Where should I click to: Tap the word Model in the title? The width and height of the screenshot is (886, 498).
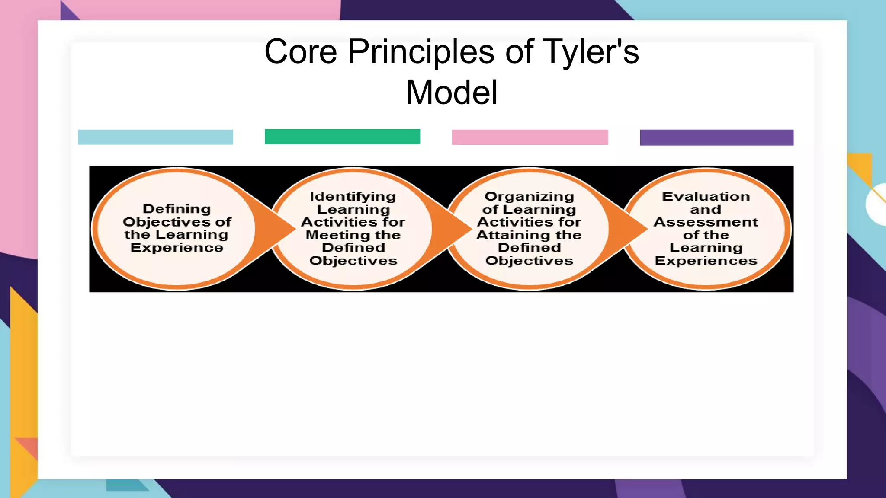(452, 93)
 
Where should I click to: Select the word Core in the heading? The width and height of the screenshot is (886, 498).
(301, 52)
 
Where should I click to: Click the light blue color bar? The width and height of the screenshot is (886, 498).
(155, 137)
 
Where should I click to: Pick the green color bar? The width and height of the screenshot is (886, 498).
(342, 137)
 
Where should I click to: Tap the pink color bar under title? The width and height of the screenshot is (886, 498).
(530, 137)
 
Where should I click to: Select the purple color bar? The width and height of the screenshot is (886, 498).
(716, 137)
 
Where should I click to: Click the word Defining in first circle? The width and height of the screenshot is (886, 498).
(177, 209)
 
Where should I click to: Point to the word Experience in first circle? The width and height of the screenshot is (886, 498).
(177, 248)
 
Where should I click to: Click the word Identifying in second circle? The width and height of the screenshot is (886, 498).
(353, 196)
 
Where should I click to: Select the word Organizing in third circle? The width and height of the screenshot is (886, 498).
(529, 196)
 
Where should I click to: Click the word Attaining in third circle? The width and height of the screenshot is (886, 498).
(510, 235)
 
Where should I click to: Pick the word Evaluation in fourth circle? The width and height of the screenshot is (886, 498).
(706, 196)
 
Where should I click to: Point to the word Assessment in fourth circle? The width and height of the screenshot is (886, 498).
(706, 222)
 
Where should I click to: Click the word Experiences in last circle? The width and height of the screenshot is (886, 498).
(706, 261)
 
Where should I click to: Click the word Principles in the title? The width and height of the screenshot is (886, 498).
(422, 52)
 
